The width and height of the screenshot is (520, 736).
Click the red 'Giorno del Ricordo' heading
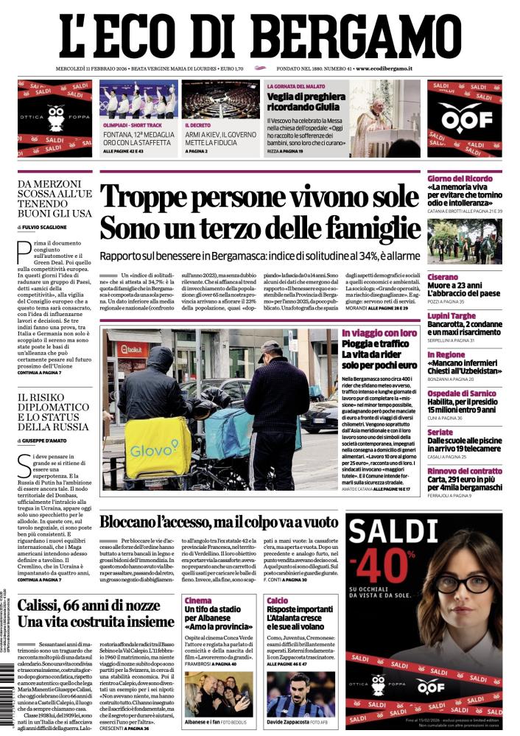coord(459,178)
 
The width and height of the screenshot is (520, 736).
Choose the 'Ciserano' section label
coord(443,277)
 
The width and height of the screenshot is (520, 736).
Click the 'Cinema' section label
coord(198,600)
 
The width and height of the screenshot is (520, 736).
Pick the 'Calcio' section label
coord(277,600)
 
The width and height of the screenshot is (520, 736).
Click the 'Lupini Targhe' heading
coord(452,315)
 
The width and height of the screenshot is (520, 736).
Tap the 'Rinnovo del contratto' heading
coord(465,471)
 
